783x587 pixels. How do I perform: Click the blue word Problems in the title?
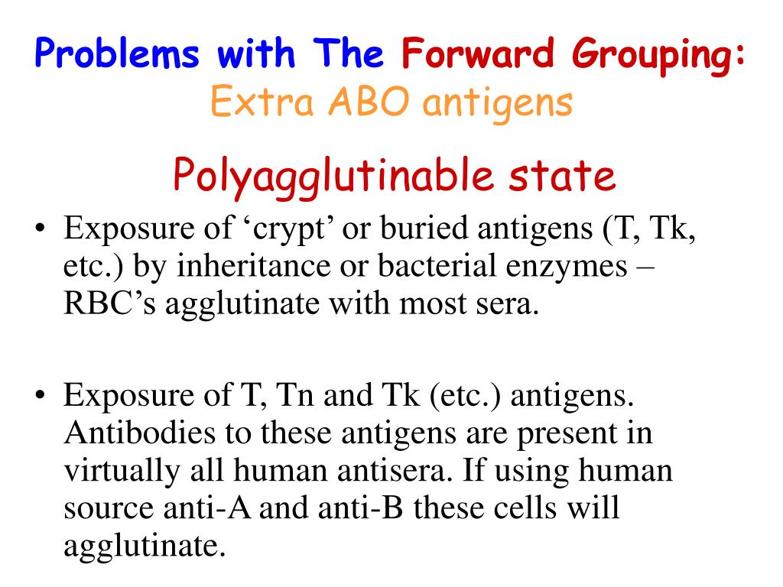click(117, 53)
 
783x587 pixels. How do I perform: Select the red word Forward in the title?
click(478, 53)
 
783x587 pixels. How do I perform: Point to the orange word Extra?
click(262, 102)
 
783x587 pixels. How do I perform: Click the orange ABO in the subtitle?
click(369, 102)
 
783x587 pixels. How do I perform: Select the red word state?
click(562, 176)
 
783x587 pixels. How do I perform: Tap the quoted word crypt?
click(289, 229)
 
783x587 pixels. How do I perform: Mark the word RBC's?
click(110, 303)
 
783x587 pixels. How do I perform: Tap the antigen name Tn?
click(295, 395)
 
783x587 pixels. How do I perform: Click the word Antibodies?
click(140, 433)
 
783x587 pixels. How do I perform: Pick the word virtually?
click(122, 471)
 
